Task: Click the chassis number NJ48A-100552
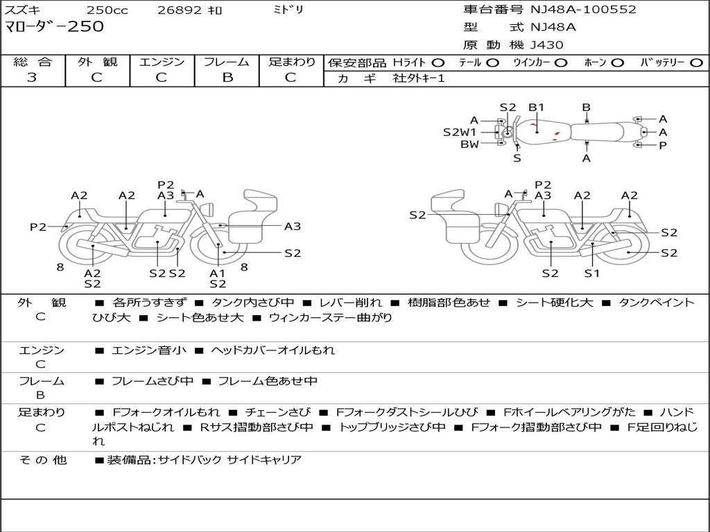(583, 10)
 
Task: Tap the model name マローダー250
(54, 27)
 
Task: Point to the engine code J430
(547, 45)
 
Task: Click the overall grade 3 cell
(32, 78)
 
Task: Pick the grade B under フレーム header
(227, 78)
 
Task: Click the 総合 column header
(32, 62)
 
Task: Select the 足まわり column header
(291, 62)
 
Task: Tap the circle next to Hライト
(438, 63)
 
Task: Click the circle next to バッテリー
(696, 63)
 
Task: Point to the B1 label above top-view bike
(537, 107)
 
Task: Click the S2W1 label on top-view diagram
(460, 132)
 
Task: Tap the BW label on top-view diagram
(469, 144)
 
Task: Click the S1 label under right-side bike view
(591, 273)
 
